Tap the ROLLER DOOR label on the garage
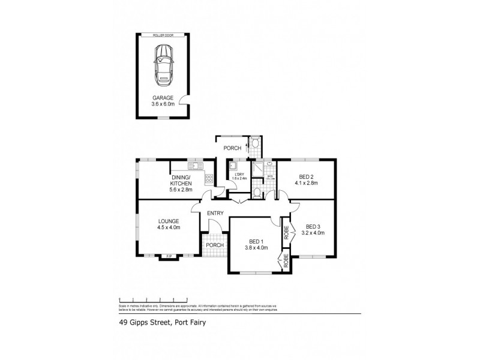(162, 34)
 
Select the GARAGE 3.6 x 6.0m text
(162, 101)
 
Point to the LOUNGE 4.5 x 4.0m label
(169, 224)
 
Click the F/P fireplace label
(169, 257)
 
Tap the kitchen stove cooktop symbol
(209, 178)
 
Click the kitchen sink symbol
(194, 166)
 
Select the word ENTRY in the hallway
(215, 213)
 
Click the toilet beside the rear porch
(256, 143)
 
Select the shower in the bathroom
(257, 169)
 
